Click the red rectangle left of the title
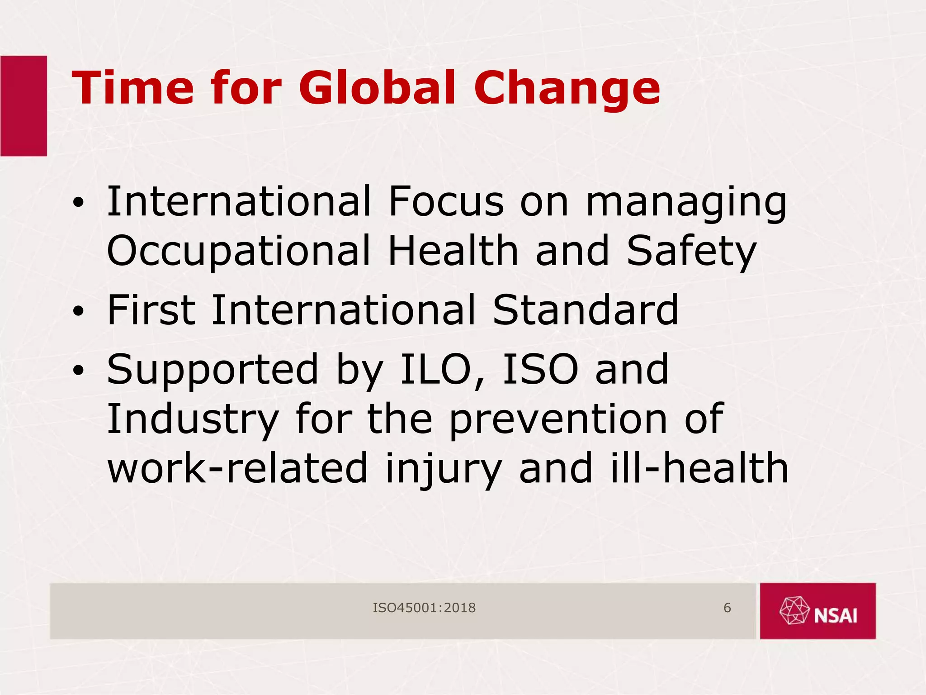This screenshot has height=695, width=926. [24, 106]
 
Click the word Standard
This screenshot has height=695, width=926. [586, 310]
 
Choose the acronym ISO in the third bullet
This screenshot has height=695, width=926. [540, 370]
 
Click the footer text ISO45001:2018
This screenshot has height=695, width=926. [424, 608]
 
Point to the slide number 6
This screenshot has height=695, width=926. [727, 608]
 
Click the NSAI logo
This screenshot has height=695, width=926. [817, 611]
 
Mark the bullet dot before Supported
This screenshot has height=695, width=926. [79, 371]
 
